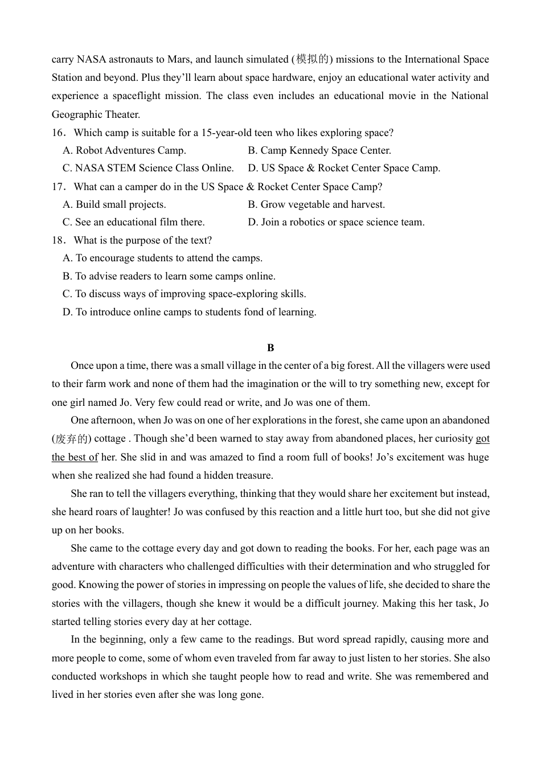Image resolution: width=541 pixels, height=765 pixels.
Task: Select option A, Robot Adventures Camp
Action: [124, 151]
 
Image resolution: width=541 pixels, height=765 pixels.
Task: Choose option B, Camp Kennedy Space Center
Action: [319, 151]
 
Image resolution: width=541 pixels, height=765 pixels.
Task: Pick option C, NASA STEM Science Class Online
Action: [148, 168]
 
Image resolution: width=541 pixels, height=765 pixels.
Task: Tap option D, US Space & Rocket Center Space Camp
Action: [344, 168]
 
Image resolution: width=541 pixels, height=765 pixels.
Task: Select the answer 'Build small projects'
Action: [114, 205]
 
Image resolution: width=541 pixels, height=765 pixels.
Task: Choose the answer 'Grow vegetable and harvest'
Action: [316, 205]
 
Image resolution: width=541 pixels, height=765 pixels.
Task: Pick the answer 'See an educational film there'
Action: [134, 223]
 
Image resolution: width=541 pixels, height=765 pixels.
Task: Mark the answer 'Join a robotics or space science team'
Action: [336, 223]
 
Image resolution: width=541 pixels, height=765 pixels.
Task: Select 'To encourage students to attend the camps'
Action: [162, 258]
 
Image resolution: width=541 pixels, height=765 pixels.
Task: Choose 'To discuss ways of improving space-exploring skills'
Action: [184, 294]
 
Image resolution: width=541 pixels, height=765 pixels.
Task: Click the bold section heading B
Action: [270, 348]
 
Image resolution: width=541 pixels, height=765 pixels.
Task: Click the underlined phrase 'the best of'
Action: [75, 457]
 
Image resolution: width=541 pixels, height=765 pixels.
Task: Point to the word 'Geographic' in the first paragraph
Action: [77, 114]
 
